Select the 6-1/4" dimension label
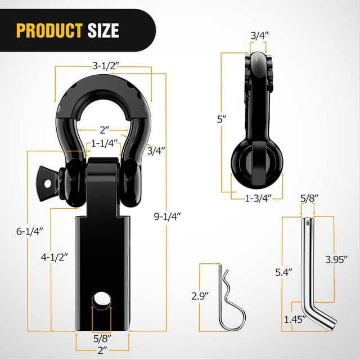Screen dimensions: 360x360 coord(28,231)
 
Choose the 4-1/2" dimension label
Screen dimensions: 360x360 coord(55,256)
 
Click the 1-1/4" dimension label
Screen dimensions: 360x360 coord(105,143)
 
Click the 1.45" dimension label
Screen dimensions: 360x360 coord(295,320)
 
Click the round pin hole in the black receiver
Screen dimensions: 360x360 coord(100,301)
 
